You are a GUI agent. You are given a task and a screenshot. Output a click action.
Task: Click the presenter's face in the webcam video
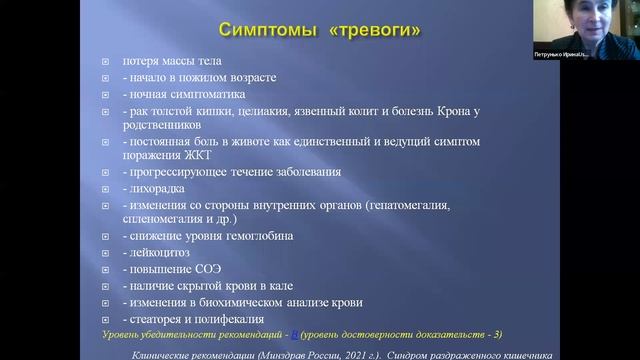pos(591,21)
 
